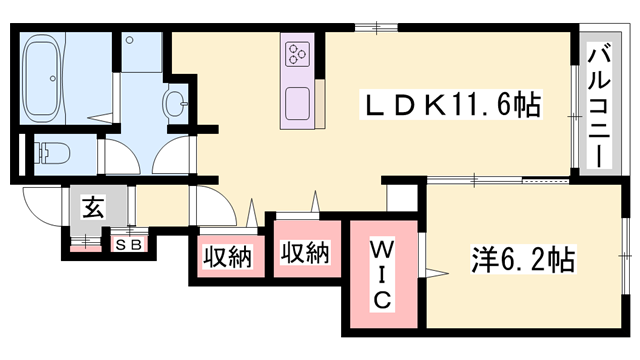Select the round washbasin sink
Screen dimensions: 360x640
click(175, 102)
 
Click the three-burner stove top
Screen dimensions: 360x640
click(298, 54)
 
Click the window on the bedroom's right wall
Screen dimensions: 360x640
click(627, 262)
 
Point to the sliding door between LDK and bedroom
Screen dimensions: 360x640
click(500, 181)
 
